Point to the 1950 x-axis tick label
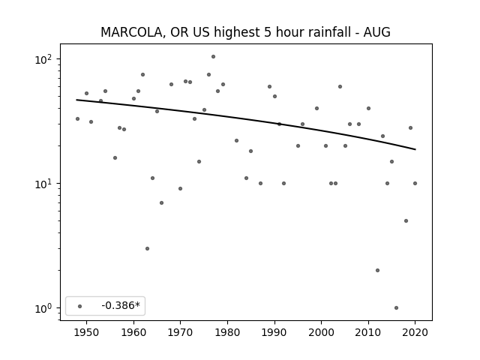point(87,332)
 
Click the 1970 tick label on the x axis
point(180,332)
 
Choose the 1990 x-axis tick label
point(274,332)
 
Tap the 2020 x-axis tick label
point(415,332)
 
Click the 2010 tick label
point(368,332)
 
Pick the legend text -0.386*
point(121,305)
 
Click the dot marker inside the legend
point(80,306)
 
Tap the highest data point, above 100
point(213,57)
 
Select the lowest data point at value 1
point(397,308)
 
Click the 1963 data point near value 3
point(147,248)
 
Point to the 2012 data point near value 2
point(377,270)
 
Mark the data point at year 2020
point(415,183)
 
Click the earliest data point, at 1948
point(77,118)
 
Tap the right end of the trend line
point(415,149)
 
